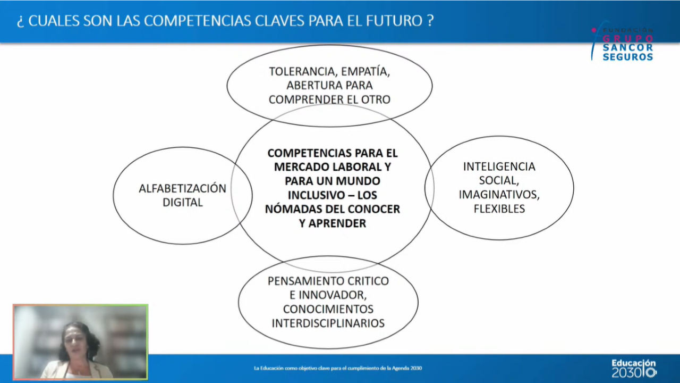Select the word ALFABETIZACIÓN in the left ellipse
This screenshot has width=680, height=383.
[x=182, y=188]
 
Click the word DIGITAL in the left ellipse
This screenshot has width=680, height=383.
[x=182, y=203]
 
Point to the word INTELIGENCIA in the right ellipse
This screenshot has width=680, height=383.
[x=499, y=166]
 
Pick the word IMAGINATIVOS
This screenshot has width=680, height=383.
[x=499, y=195]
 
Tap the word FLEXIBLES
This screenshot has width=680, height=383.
[x=499, y=209]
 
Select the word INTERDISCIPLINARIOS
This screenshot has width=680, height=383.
[x=328, y=323]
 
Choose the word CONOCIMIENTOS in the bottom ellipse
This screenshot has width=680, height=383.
[x=328, y=309]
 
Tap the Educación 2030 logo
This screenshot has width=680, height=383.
[x=633, y=368]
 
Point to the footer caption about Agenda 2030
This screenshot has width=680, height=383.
[x=338, y=368]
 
